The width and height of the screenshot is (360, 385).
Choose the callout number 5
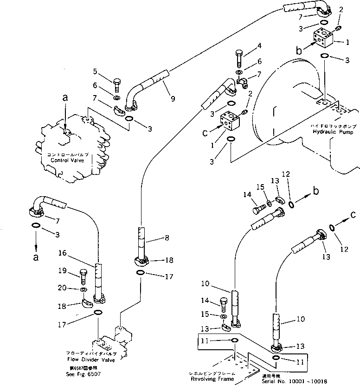(x=95, y=71)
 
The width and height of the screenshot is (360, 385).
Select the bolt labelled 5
(x=116, y=85)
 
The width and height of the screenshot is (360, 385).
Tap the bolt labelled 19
(x=84, y=277)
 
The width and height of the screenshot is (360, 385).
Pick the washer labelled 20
(x=83, y=290)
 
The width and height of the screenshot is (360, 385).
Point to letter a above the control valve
(x=65, y=97)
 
